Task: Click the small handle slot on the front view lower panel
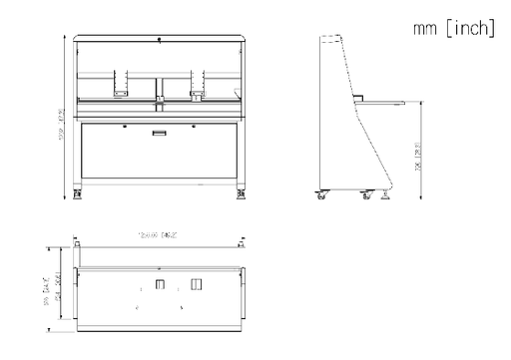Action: (x=159, y=132)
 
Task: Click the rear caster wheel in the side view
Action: (x=321, y=196)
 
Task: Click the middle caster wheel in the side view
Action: (x=365, y=196)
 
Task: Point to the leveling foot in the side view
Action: (x=385, y=196)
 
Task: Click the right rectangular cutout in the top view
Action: (x=196, y=287)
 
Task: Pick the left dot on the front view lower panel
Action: (x=123, y=127)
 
